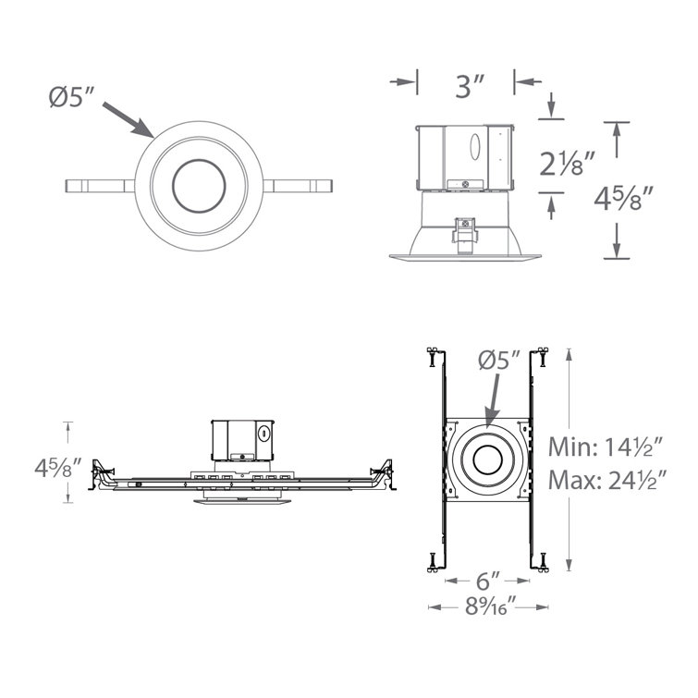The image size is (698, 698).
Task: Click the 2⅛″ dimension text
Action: tap(566, 166)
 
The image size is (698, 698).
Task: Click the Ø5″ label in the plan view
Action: tap(499, 361)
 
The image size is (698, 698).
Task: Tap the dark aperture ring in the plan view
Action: tap(488, 459)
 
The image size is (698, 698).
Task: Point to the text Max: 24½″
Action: tap(606, 481)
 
